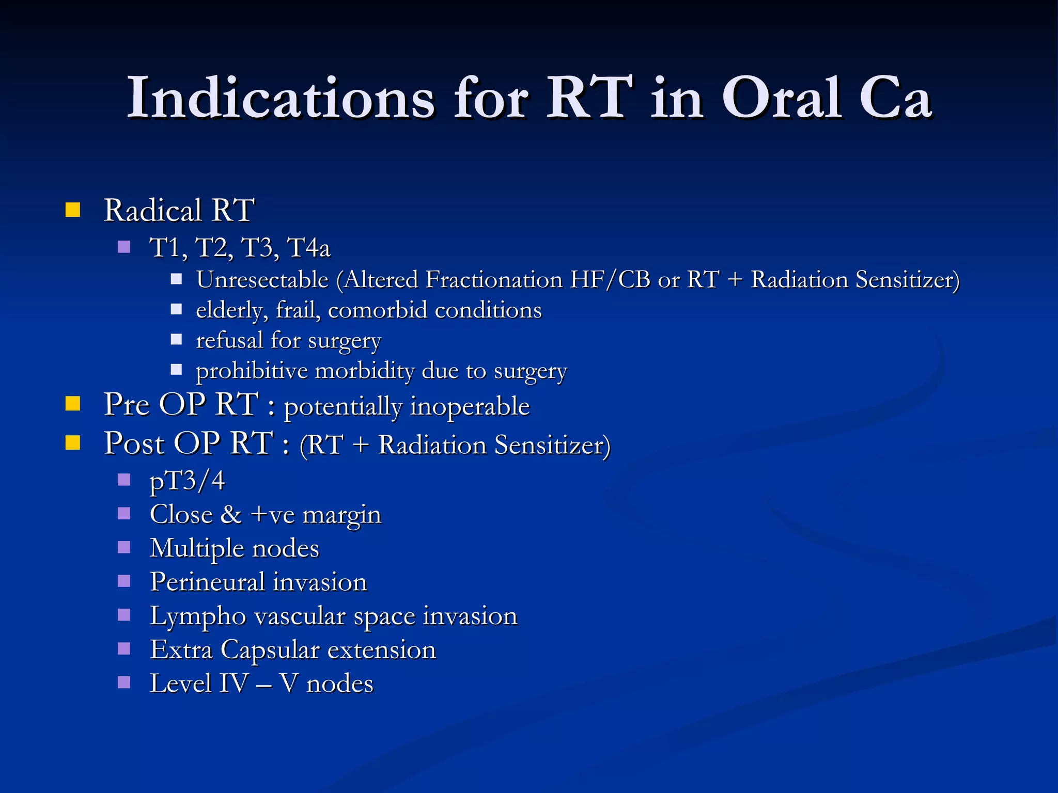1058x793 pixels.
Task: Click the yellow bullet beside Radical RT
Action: (x=73, y=210)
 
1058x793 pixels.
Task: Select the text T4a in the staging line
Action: (x=308, y=247)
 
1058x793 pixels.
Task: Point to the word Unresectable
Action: (x=262, y=280)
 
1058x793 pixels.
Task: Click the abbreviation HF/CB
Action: (x=610, y=280)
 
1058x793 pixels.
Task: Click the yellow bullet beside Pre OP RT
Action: (x=73, y=404)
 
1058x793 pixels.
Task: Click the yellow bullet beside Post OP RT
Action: (x=73, y=443)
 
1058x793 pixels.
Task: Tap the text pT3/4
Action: (x=187, y=481)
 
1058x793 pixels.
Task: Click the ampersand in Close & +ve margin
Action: (x=231, y=514)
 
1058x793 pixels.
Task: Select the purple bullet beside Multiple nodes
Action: (x=124, y=547)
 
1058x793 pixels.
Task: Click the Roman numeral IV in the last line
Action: (x=234, y=683)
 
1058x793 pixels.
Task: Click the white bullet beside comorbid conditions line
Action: (x=177, y=309)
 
